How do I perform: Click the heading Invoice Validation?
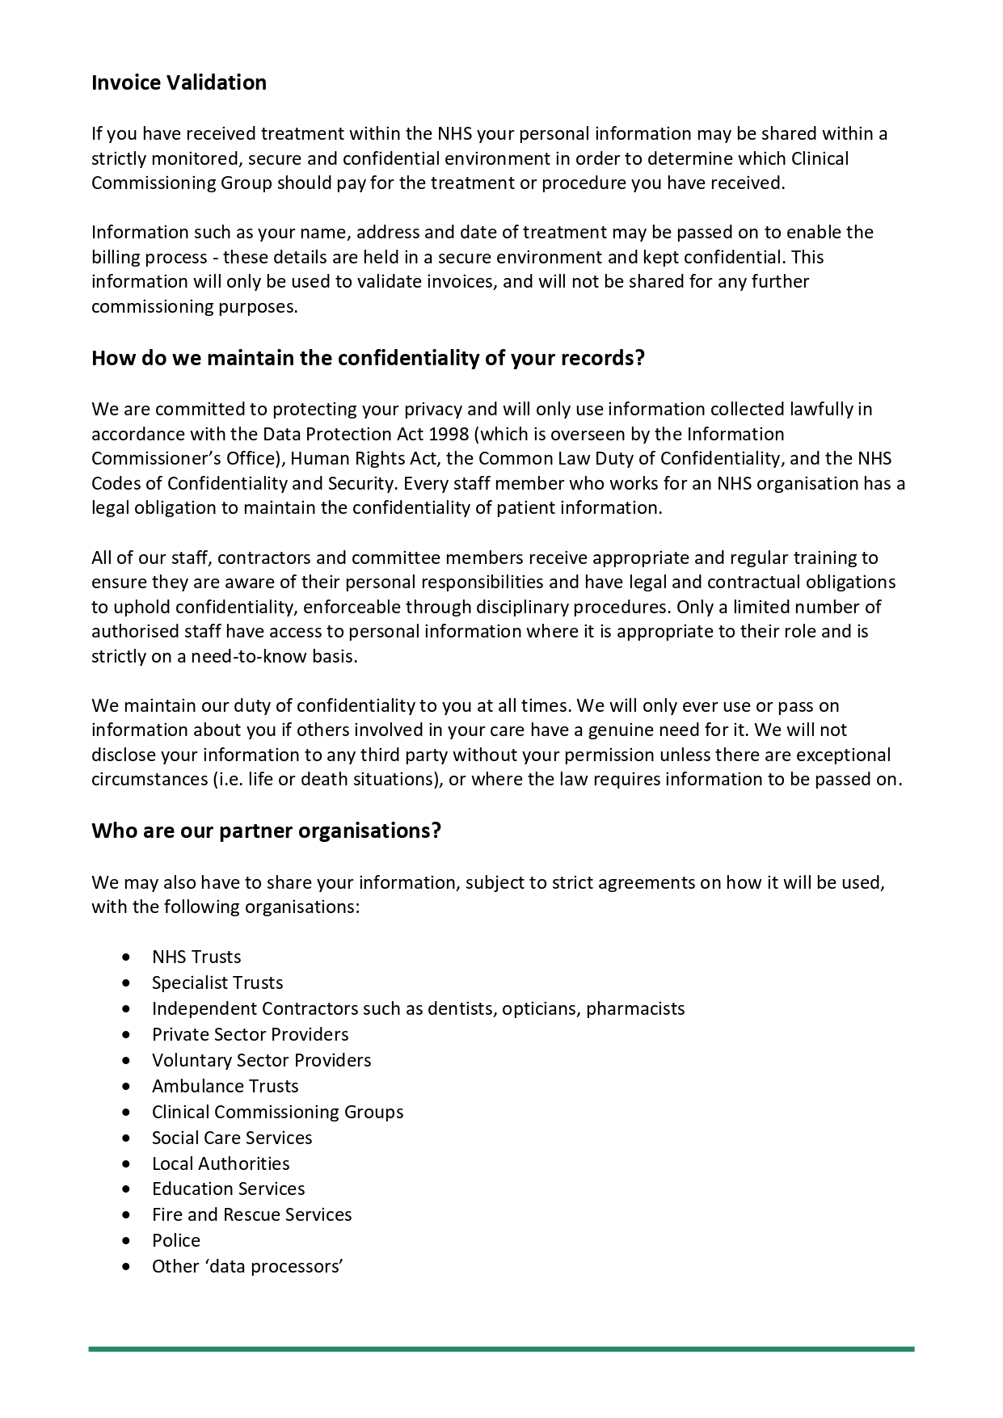[179, 82]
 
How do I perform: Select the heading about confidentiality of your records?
[368, 358]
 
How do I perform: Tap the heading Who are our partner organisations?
[266, 831]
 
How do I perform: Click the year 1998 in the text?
[449, 434]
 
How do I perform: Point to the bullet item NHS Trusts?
[196, 957]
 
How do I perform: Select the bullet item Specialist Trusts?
[217, 983]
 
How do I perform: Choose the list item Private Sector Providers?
[250, 1034]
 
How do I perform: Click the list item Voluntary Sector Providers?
[261, 1060]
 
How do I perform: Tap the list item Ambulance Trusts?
[225, 1086]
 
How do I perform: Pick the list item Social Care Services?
[232, 1138]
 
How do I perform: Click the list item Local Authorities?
[221, 1163]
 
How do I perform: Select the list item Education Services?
[228, 1189]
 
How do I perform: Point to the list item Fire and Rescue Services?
[251, 1214]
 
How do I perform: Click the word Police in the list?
[176, 1240]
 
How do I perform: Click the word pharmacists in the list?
[635, 1008]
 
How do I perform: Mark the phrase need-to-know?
[243, 656]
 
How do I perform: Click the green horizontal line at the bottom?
[501, 1349]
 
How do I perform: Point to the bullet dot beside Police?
[126, 1240]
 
